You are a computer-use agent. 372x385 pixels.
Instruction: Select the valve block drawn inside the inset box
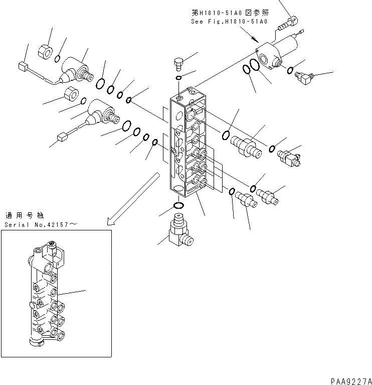coord(45,296)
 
